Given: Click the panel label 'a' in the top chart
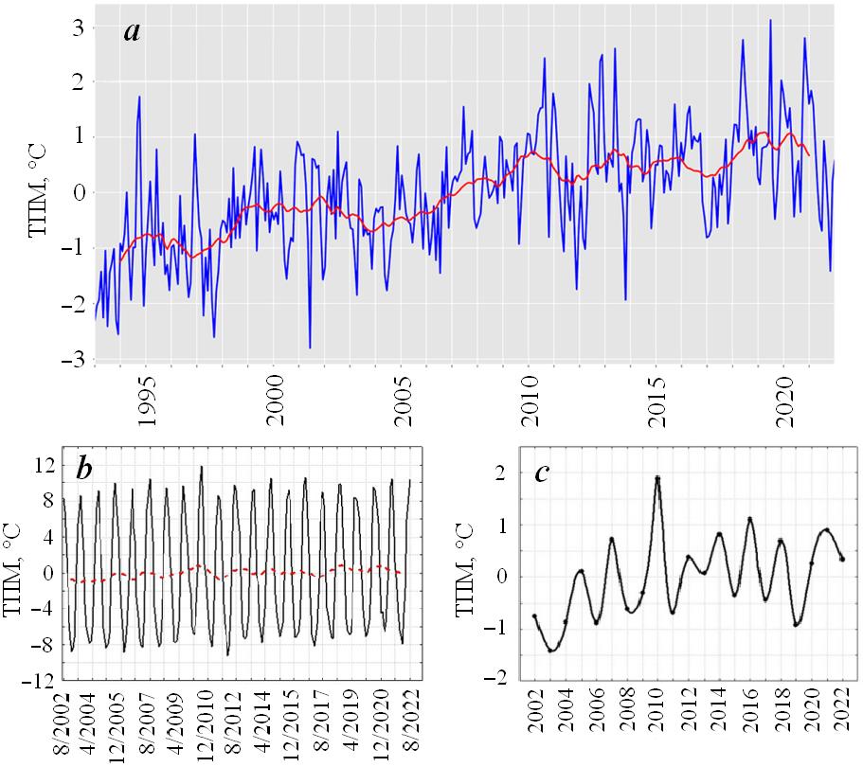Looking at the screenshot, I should pyautogui.click(x=133, y=31).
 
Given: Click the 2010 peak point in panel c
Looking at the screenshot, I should pyautogui.click(x=657, y=478).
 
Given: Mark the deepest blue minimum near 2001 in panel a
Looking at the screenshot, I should pyautogui.click(x=310, y=348).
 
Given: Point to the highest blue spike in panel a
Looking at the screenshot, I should pyautogui.click(x=770, y=20).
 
